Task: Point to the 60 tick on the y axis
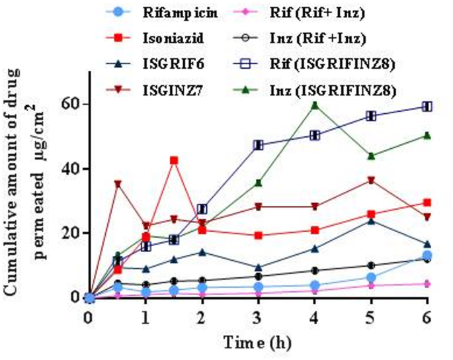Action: (x=67, y=105)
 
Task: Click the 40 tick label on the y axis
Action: (x=67, y=169)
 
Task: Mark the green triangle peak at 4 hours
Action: (x=315, y=105)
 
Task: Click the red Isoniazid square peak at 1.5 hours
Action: (x=173, y=160)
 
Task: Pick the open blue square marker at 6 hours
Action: (x=427, y=107)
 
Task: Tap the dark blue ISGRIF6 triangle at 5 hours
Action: (x=371, y=220)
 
